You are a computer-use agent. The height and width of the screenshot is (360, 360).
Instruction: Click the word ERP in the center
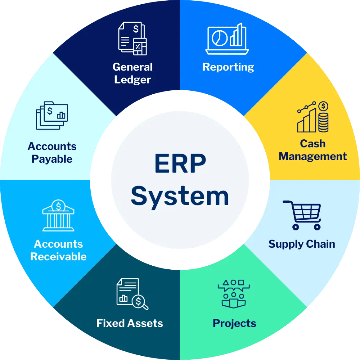(x=180, y=163)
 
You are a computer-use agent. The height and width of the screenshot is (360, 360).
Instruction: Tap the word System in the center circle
(x=180, y=197)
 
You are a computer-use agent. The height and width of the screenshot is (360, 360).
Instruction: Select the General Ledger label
(x=132, y=73)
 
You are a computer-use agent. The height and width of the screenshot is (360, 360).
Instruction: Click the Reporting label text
(x=228, y=67)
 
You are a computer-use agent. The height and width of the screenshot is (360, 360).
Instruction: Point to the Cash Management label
(x=313, y=150)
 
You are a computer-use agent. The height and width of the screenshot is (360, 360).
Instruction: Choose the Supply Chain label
(x=302, y=244)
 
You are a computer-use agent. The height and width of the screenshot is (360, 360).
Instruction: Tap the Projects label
(x=234, y=324)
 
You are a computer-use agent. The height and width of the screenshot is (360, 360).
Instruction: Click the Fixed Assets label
(x=130, y=323)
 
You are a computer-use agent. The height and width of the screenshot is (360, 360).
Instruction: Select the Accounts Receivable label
(x=58, y=250)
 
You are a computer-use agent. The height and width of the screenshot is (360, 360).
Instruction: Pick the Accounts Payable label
(x=52, y=153)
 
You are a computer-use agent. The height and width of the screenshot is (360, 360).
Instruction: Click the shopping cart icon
(x=302, y=215)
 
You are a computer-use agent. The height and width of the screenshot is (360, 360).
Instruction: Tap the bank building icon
(x=58, y=215)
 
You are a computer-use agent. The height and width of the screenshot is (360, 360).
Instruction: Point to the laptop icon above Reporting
(x=227, y=39)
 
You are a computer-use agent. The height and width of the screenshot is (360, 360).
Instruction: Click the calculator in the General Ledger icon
(x=140, y=46)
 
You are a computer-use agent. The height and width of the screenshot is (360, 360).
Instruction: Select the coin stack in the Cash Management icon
(x=323, y=123)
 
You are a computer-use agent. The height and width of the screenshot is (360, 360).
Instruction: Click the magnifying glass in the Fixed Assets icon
(x=140, y=302)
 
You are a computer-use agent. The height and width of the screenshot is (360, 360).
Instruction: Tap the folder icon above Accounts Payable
(x=52, y=116)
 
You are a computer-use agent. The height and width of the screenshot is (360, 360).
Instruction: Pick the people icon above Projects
(x=234, y=294)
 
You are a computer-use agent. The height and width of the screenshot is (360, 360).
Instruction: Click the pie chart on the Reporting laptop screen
(x=220, y=38)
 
